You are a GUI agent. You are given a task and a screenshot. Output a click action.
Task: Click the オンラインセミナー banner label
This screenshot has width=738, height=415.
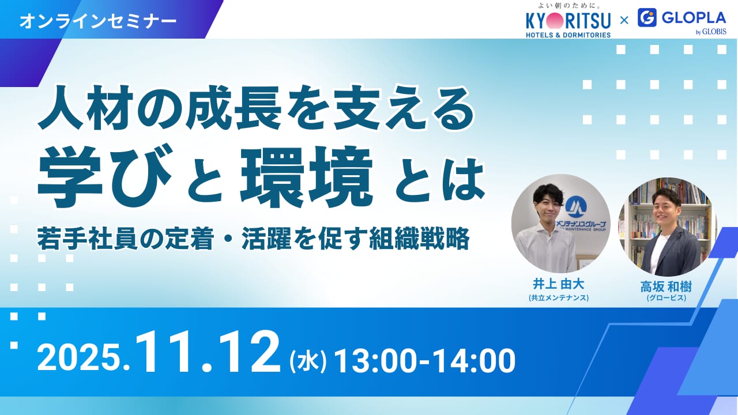[98, 21]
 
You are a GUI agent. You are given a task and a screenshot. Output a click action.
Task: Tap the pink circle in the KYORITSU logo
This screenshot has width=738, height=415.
[555, 21]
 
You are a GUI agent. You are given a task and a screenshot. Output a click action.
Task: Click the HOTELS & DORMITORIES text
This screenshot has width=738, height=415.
[568, 35]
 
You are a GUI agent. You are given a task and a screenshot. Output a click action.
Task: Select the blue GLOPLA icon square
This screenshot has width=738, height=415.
[647, 17]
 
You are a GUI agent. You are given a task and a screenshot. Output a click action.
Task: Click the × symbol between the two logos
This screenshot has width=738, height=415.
[624, 21]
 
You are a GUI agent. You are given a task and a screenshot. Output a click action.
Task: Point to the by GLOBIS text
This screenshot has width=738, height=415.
[711, 32]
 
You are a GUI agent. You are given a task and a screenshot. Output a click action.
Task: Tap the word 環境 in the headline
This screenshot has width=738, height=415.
[307, 176]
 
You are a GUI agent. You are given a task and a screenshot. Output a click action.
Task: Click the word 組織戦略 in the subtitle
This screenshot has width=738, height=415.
[419, 239]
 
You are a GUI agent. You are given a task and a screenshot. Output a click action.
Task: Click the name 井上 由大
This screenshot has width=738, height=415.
[559, 284]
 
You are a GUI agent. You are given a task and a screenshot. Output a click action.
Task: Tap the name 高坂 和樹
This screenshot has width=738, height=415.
[666, 287]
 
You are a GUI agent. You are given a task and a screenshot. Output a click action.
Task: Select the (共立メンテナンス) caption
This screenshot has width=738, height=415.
[559, 298]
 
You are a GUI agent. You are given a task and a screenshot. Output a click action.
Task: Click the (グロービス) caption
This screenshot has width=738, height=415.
[666, 298]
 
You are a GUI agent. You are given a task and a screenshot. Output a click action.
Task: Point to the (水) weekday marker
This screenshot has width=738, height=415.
[308, 361]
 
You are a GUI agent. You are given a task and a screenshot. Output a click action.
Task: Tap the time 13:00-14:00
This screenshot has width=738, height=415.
[425, 361]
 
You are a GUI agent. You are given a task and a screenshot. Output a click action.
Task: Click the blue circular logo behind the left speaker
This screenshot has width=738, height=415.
[576, 206]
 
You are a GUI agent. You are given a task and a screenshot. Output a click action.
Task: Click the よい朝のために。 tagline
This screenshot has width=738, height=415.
[568, 6]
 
